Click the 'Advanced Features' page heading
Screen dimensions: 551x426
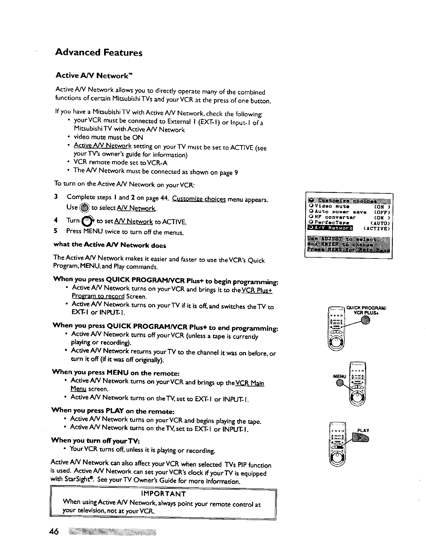tap(99, 53)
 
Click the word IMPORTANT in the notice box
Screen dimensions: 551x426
tap(163, 494)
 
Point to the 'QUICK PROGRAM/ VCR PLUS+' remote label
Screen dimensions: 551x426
tap(367, 310)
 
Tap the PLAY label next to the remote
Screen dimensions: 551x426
tap(363, 430)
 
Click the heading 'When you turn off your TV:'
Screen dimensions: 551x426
tap(95, 440)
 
